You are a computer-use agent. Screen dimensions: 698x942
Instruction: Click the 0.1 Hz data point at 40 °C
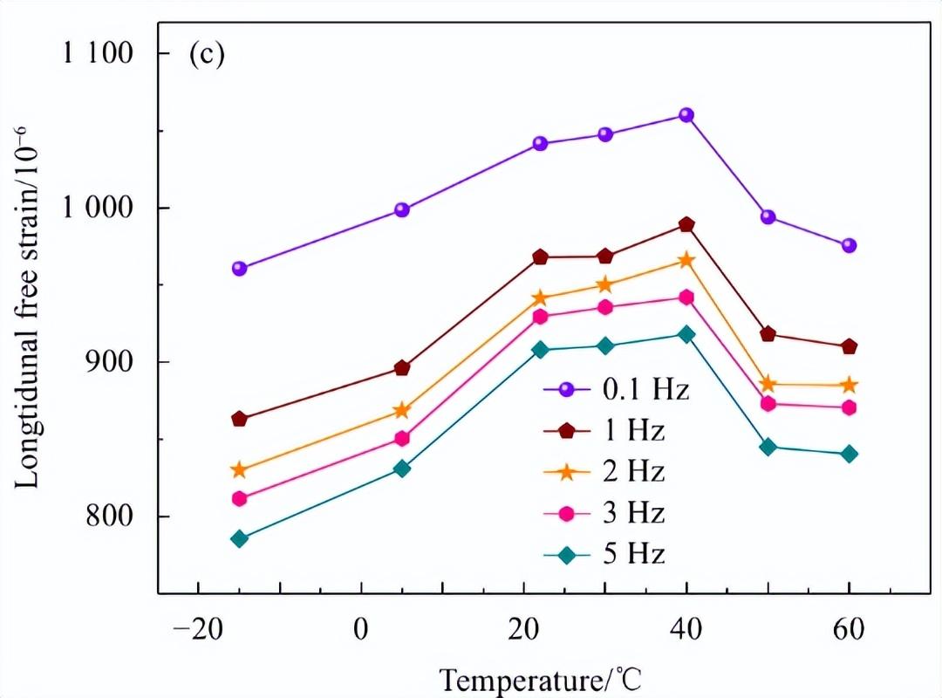click(686, 115)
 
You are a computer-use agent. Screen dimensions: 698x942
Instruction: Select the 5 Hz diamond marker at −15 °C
click(239, 539)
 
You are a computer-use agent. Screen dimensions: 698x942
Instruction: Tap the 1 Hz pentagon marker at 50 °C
click(768, 334)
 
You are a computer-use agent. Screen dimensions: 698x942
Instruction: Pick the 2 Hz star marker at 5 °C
click(402, 410)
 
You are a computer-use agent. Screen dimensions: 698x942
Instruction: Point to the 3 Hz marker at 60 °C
click(849, 407)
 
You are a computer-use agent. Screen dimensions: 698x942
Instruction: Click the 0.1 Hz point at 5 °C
click(402, 209)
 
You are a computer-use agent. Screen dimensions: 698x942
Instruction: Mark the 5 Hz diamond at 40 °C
click(686, 334)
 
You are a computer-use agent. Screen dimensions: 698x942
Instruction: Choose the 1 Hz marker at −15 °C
click(239, 420)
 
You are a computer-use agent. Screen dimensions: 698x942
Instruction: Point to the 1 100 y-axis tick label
click(98, 53)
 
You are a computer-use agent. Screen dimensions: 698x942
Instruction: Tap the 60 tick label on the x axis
click(849, 628)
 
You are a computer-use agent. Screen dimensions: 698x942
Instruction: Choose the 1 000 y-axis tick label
click(98, 208)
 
